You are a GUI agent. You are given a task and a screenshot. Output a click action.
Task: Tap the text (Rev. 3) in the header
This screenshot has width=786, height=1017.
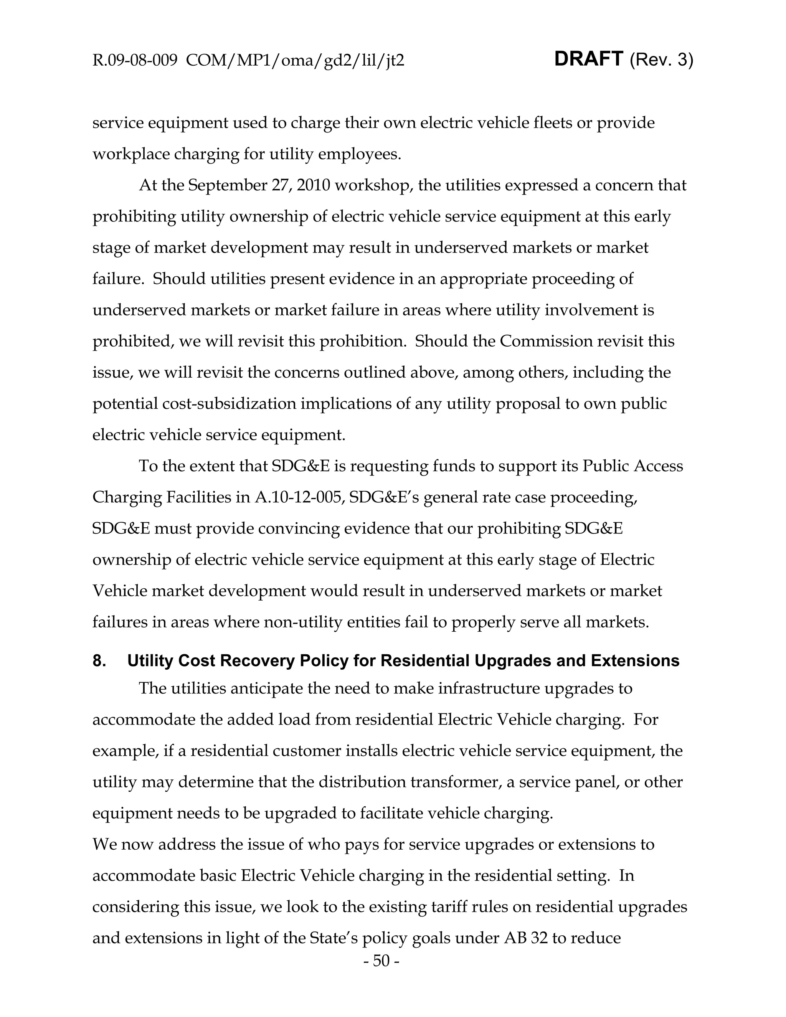click(x=661, y=60)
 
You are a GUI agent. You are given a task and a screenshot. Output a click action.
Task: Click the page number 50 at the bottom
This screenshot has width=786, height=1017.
click(x=381, y=961)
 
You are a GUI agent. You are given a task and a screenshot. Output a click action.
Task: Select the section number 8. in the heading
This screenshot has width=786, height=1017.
click(x=99, y=661)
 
